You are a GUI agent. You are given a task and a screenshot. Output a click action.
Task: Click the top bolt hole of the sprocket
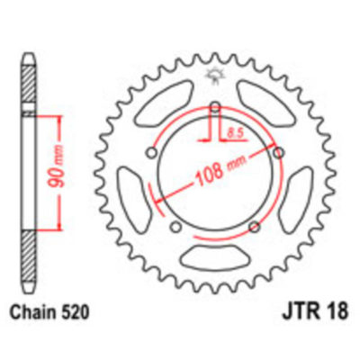pos(217,109)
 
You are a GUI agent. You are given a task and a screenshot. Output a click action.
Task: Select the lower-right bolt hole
pos(256,225)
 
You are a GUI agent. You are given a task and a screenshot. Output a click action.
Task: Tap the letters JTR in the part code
pos(297,312)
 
